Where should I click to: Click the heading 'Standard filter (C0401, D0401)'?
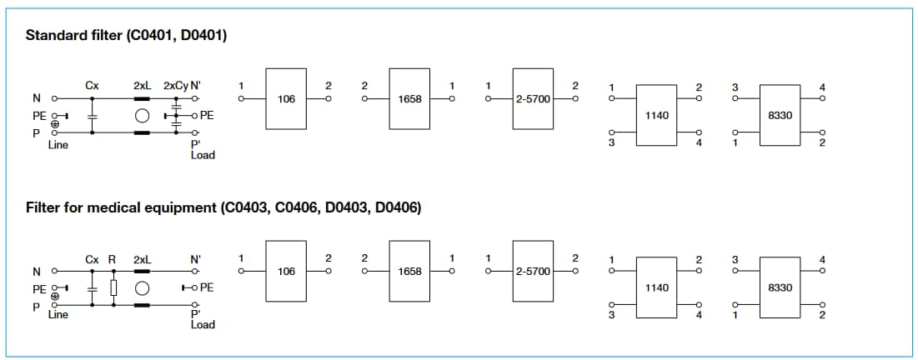pos(126,36)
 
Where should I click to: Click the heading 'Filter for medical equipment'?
pos(223,207)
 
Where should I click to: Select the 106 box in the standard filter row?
pos(286,99)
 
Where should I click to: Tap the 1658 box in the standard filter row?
pos(409,99)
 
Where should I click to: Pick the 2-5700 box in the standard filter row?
pos(532,99)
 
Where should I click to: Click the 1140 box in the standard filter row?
pos(656,114)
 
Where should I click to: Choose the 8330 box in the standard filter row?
pos(780,114)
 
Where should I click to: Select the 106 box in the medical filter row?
pos(286,272)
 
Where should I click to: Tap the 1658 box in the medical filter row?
pos(409,272)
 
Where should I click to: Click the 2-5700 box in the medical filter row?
pos(532,272)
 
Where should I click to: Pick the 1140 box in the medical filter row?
pos(656,287)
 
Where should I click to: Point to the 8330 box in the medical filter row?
pos(780,287)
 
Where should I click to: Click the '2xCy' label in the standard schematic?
pos(175,85)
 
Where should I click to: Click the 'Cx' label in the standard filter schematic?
pos(92,85)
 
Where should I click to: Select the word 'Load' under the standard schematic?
pos(203,155)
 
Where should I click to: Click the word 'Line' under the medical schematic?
pos(58,315)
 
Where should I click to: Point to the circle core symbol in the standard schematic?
pos(142,116)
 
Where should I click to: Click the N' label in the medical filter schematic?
pos(196,259)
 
